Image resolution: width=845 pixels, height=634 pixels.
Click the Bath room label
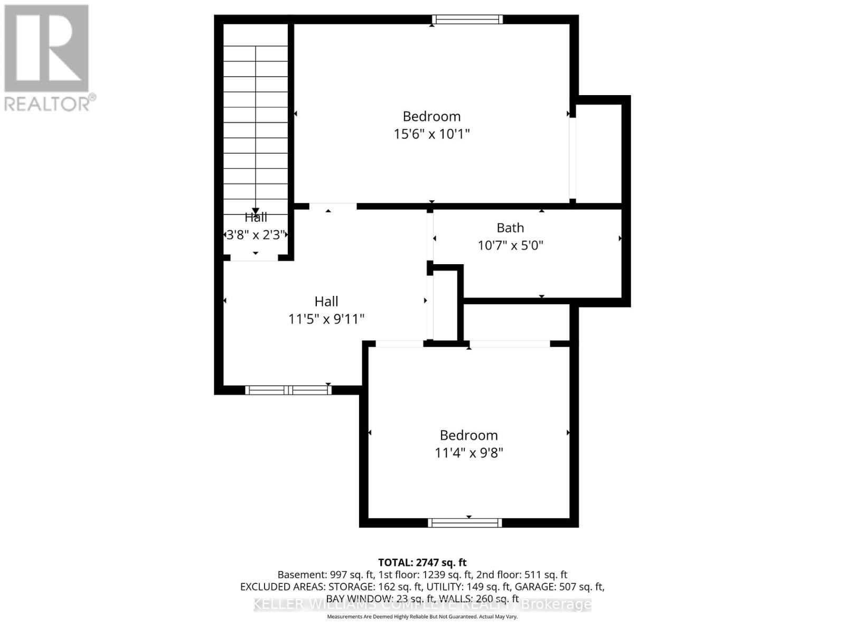510,228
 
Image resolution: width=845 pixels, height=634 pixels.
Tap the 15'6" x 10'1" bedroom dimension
431,134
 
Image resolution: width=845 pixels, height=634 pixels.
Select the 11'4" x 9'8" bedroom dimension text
468,453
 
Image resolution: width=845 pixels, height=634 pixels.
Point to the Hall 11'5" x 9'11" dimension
326,319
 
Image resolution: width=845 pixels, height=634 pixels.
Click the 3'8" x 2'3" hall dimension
256,235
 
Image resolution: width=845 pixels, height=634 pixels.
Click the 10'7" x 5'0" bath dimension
510,245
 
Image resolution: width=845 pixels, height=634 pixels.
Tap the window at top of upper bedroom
467,20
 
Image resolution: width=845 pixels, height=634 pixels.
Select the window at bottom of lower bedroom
465,523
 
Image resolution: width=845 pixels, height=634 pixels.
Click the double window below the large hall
288,390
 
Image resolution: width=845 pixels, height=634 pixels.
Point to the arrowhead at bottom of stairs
256,211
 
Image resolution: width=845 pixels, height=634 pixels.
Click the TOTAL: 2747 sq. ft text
422,563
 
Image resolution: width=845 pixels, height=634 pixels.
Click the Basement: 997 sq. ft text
326,575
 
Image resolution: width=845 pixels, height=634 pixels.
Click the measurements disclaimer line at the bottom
422,617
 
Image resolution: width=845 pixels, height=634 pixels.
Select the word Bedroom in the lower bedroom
468,435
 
